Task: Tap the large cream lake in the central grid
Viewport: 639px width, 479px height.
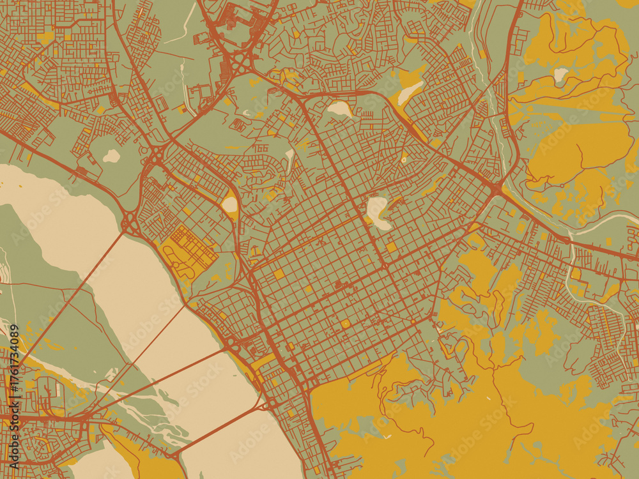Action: pyautogui.click(x=377, y=213)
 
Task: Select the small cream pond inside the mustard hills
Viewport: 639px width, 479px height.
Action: pyautogui.click(x=560, y=75)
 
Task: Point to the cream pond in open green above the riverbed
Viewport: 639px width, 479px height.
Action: pyautogui.click(x=111, y=156)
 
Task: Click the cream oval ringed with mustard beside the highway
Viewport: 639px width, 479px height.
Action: pyautogui.click(x=229, y=204)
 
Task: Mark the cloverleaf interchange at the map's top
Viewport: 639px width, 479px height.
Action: pyautogui.click(x=241, y=63)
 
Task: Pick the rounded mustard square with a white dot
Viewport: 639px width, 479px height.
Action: pyautogui.click(x=346, y=324)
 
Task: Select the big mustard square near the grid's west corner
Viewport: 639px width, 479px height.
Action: pyautogui.click(x=279, y=275)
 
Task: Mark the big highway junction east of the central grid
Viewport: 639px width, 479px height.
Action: pyautogui.click(x=497, y=188)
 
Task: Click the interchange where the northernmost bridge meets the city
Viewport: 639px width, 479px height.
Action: pyautogui.click(x=130, y=224)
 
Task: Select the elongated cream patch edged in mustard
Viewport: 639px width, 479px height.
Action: pyautogui.click(x=411, y=93)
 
